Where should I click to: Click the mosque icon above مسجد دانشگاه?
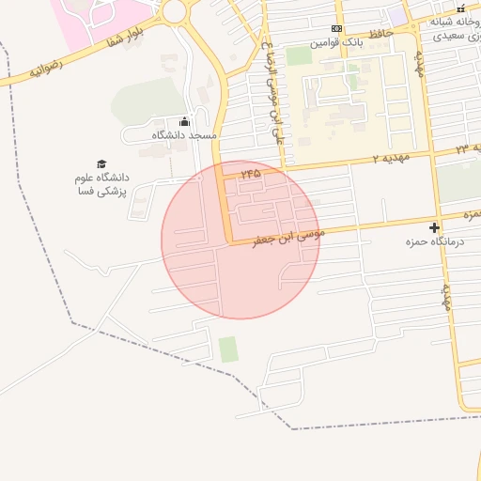tap(184, 121)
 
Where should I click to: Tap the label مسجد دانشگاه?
tap(184, 135)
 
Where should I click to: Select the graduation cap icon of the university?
tap(101, 163)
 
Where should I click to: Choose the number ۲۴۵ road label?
tap(250, 174)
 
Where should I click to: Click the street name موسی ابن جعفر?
tap(287, 235)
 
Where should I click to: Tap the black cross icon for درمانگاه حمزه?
tap(434, 227)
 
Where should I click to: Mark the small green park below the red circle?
tap(228, 349)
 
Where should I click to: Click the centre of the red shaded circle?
tap(240, 240)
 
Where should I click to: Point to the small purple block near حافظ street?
tap(398, 16)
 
